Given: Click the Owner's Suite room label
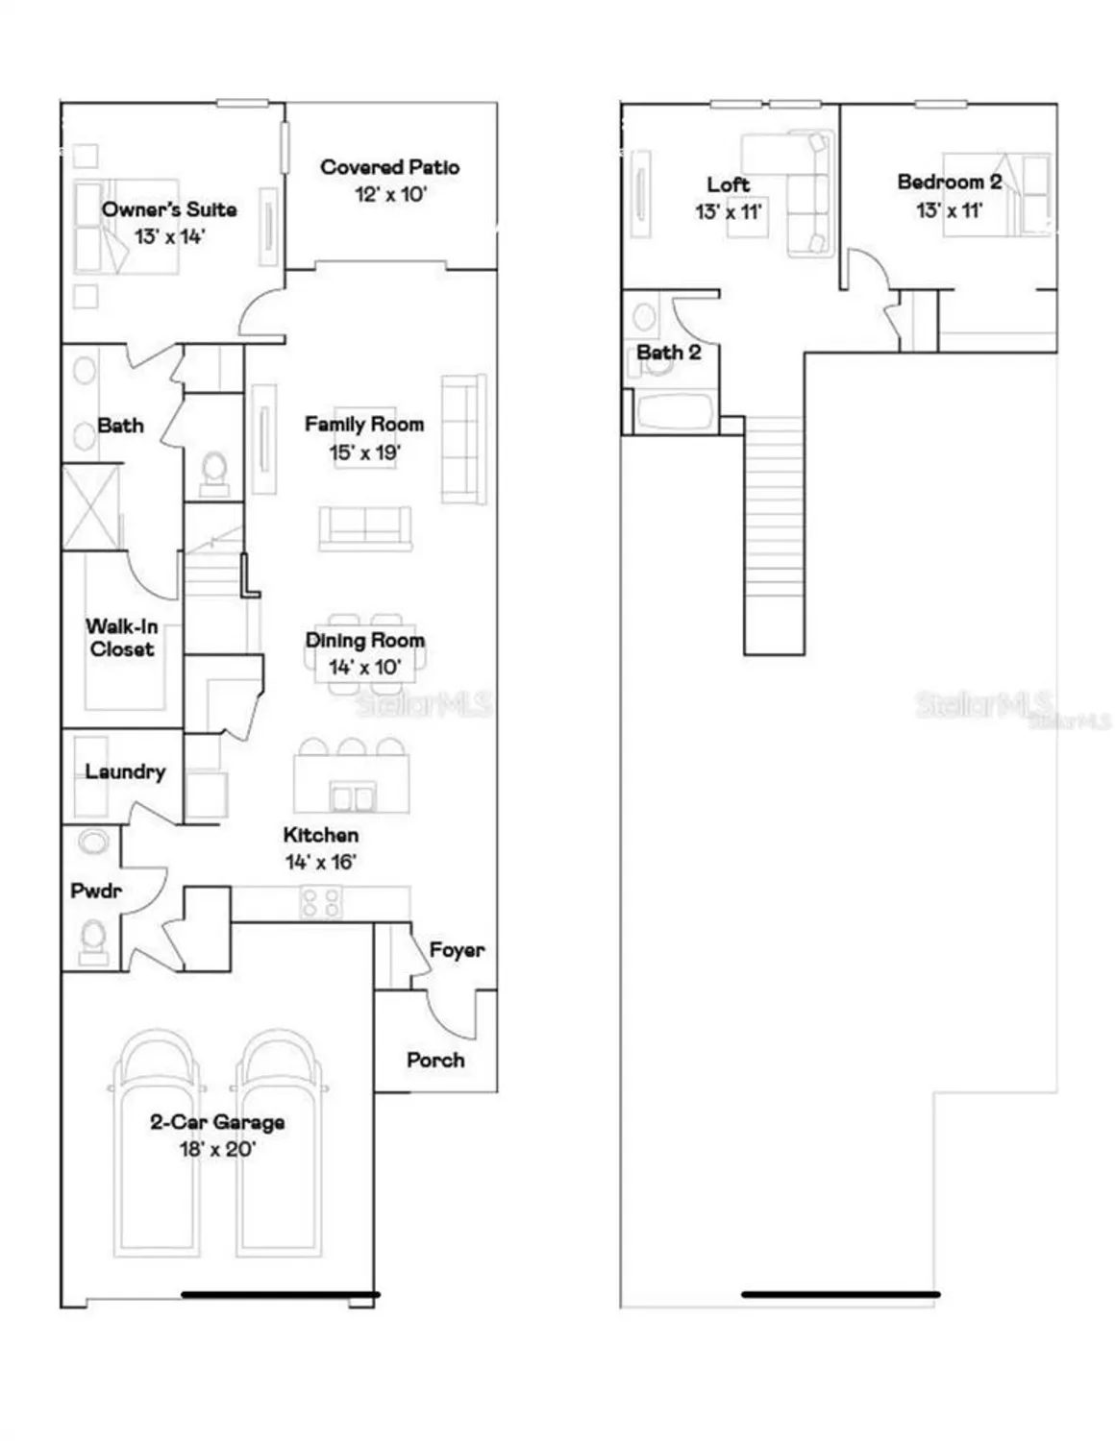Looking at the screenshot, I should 169,209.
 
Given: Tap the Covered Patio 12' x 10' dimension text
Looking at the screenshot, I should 389,194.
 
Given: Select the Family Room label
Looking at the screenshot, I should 363,424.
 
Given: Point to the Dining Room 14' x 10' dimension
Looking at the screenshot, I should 364,667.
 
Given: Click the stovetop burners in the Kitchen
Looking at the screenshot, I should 320,903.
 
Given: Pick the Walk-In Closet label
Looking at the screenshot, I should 121,638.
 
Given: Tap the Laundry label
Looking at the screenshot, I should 125,771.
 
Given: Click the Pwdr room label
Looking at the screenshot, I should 96,891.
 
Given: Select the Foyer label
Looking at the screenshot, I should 457,950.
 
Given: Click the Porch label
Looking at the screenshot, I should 435,1060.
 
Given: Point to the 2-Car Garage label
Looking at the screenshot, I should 217,1122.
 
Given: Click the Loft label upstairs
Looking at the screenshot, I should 728,184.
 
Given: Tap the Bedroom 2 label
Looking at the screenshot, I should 949,182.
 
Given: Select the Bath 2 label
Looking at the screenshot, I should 668,353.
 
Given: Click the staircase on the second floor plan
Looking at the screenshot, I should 774,538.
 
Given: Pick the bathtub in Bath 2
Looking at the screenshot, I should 675,412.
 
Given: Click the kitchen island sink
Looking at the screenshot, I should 352,796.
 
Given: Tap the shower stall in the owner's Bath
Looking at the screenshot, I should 91,506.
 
